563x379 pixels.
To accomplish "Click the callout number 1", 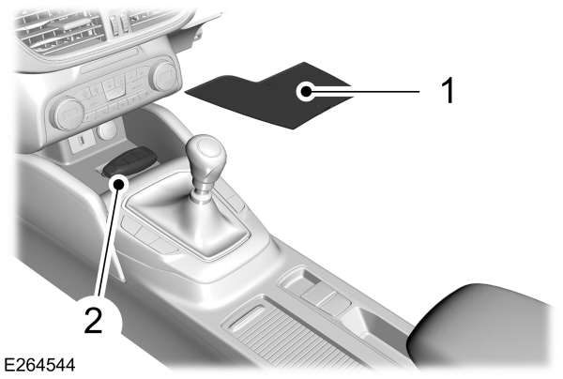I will (449, 91).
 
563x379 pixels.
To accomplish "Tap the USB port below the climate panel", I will (80, 143).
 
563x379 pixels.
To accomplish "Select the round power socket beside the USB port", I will (107, 129).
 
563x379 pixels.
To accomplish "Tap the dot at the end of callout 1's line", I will (303, 91).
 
